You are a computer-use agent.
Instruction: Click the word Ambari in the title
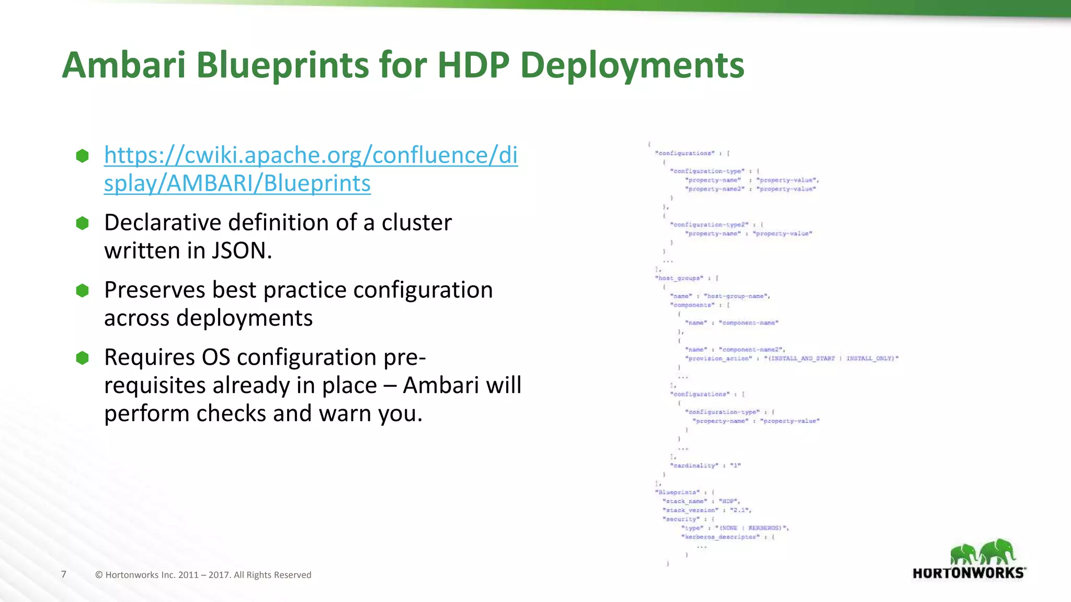[123, 65]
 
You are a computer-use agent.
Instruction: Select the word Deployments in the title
[632, 66]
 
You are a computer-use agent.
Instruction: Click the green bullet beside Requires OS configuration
[83, 358]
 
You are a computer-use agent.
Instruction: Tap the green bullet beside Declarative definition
[83, 223]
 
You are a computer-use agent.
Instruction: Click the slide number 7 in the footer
[64, 574]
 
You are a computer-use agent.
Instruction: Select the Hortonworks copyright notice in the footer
[203, 575]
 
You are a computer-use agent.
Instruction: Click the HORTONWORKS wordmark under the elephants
[969, 573]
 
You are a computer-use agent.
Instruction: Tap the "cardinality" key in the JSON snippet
[694, 465]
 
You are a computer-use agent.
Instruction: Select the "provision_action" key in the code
[719, 358]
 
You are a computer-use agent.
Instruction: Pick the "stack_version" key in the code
[690, 510]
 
